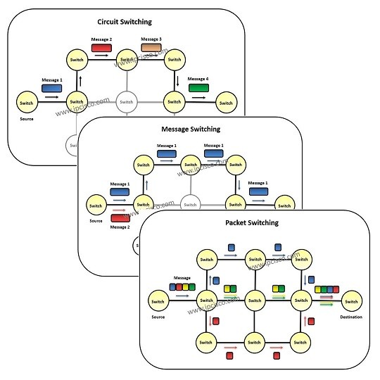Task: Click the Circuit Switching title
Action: click(125, 22)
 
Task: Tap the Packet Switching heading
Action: click(252, 222)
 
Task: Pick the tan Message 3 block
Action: click(151, 46)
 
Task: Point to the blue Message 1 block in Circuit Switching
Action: click(51, 89)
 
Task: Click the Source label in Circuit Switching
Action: click(27, 120)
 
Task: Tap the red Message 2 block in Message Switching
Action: click(120, 219)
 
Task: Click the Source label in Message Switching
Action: click(96, 220)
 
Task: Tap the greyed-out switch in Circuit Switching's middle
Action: click(126, 103)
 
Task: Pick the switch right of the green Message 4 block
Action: click(224, 103)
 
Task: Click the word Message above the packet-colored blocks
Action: click(182, 278)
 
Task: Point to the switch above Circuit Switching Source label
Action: click(27, 103)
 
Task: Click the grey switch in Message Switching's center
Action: click(189, 205)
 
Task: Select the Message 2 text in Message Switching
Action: click(120, 227)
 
